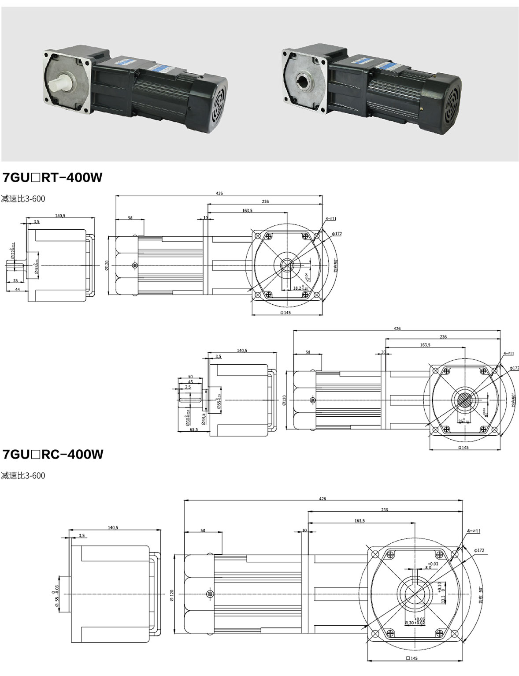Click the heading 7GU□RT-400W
[x=52, y=177]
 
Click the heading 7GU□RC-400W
[x=53, y=454]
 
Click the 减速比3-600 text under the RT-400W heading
[x=23, y=199]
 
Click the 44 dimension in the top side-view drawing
[x=18, y=289]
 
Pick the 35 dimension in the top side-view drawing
[x=15, y=280]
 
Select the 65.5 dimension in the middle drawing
[x=193, y=429]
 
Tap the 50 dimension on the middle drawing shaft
[x=190, y=376]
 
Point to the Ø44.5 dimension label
[x=203, y=418]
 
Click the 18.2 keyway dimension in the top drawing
[x=297, y=288]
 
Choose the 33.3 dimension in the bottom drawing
[x=443, y=600]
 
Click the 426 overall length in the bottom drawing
[x=323, y=498]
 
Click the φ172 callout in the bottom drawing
[x=480, y=550]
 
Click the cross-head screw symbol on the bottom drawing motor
[x=209, y=594]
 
